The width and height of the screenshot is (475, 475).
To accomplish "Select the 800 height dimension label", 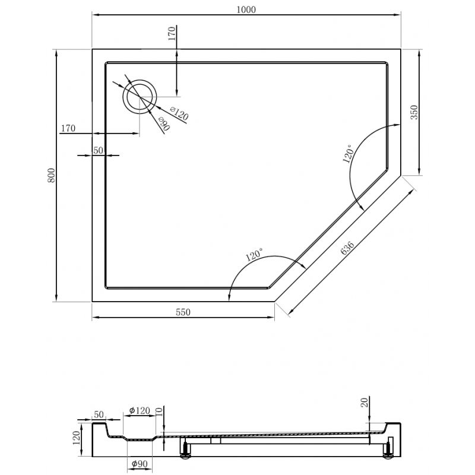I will point(51,176).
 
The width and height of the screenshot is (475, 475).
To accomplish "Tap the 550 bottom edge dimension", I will point(183,313).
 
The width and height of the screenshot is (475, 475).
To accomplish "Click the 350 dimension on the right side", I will point(414,113).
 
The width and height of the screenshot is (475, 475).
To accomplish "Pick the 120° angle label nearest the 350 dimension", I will point(348,153).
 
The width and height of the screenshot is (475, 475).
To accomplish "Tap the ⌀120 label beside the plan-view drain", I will point(179,113).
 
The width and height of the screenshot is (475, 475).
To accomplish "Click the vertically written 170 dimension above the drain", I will point(172,33).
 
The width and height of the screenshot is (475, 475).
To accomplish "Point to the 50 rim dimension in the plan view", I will point(98,151).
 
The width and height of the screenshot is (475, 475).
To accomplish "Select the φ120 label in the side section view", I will point(140,410).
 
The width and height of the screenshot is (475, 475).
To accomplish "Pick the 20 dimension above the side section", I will point(364,403).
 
